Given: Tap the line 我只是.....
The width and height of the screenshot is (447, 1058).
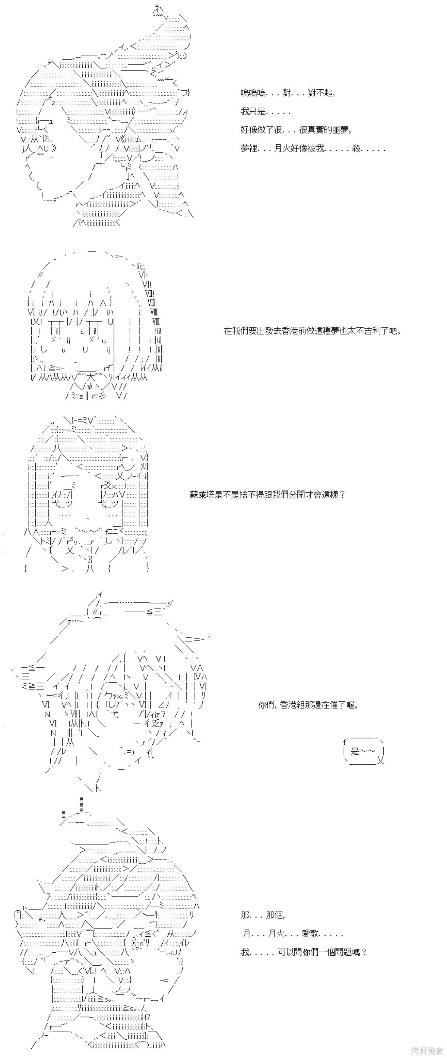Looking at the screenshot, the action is (x=265, y=111).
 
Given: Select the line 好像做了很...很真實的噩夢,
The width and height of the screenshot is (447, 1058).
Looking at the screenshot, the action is (x=296, y=130).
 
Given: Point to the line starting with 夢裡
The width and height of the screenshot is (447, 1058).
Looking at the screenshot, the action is (x=313, y=148).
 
